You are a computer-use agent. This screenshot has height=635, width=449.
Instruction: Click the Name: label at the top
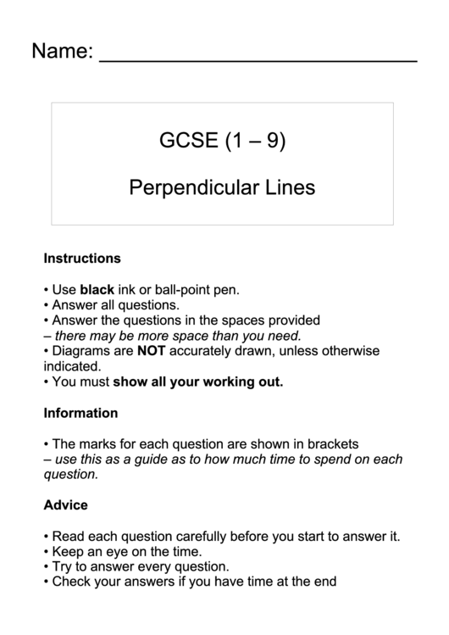pyautogui.click(x=62, y=52)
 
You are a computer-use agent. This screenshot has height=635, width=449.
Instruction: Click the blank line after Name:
pyautogui.click(x=258, y=60)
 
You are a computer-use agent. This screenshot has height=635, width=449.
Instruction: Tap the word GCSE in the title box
pyautogui.click(x=189, y=141)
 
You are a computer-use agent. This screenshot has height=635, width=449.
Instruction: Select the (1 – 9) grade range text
pyautogui.click(x=255, y=141)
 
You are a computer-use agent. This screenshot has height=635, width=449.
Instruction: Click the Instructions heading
pyautogui.click(x=82, y=258)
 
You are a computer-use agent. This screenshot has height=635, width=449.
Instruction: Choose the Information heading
pyautogui.click(x=80, y=414)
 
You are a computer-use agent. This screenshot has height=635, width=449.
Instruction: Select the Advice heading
pyautogui.click(x=65, y=505)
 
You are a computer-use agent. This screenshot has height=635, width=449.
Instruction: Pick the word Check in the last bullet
pyautogui.click(x=71, y=582)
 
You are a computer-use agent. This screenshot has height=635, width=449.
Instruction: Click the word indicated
pyautogui.click(x=72, y=366)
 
